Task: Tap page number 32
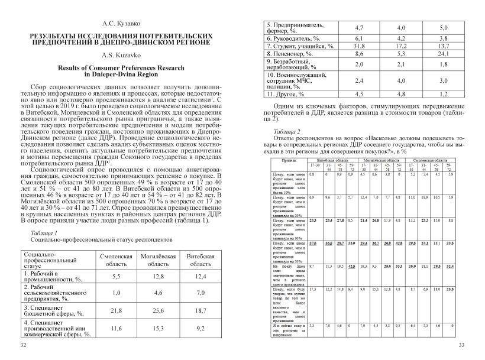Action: [23, 344]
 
